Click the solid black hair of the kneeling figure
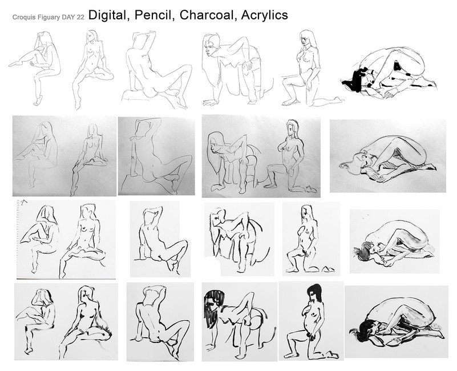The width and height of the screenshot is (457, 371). (x=314, y=291)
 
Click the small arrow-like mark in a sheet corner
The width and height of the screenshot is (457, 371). (x=24, y=201)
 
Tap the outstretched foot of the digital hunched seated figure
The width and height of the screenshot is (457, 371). (x=15, y=63)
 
